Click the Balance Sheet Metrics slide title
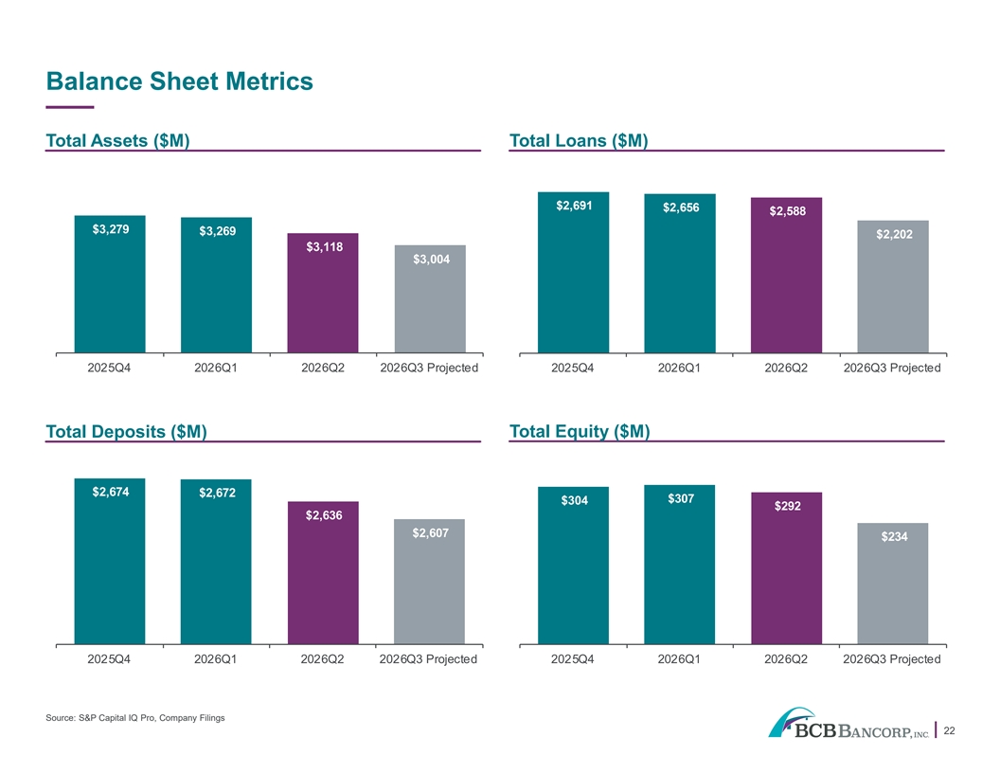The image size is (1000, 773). [179, 81]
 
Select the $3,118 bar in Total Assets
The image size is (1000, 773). [323, 293]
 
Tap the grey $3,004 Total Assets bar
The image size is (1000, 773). [430, 298]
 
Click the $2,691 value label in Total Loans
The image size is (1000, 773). [574, 206]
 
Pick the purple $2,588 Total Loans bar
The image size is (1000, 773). [786, 275]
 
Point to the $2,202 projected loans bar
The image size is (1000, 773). [893, 286]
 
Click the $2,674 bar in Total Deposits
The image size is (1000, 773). [110, 561]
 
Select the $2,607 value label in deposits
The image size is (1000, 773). [431, 532]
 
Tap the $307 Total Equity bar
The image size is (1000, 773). [679, 565]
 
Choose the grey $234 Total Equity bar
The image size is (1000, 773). [893, 584]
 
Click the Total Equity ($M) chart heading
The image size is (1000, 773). [580, 432]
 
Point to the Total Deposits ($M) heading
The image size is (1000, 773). [126, 432]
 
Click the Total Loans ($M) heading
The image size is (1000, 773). [579, 140]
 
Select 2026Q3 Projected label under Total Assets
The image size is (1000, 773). [429, 368]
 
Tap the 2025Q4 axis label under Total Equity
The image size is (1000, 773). [572, 658]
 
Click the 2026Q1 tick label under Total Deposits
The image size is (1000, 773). [216, 658]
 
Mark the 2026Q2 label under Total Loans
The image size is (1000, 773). [786, 368]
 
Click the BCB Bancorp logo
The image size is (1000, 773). [848, 723]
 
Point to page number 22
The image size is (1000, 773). [949, 731]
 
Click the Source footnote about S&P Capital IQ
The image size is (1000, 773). [135, 718]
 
